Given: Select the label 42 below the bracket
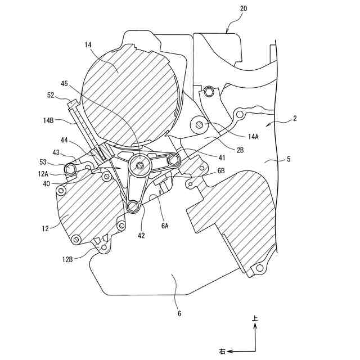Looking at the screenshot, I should (x=140, y=236).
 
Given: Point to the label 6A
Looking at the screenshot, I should (x=164, y=226).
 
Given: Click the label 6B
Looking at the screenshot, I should (x=220, y=170).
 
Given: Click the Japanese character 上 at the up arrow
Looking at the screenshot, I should (x=255, y=319).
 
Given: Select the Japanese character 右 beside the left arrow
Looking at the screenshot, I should (x=222, y=352).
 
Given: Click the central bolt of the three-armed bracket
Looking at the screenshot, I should (x=138, y=164).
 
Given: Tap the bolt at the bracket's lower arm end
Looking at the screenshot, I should (x=133, y=208).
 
